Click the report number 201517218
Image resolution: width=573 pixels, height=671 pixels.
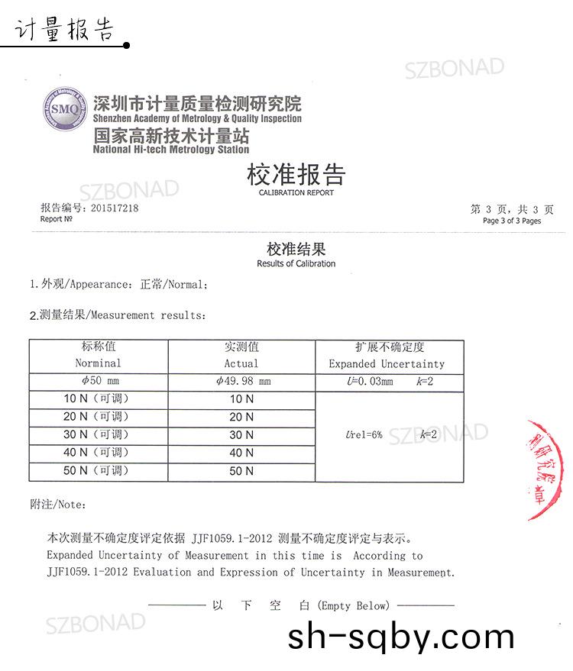115,208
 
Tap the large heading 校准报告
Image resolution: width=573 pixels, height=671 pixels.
296,175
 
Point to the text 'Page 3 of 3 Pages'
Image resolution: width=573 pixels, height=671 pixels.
512,221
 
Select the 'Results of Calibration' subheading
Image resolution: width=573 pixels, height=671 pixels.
296,264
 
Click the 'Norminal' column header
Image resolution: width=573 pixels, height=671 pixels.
98,363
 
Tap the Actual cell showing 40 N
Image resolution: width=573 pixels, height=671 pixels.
241,453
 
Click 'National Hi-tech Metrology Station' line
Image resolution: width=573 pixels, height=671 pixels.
171,150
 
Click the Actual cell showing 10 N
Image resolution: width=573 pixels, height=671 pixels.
241,399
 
